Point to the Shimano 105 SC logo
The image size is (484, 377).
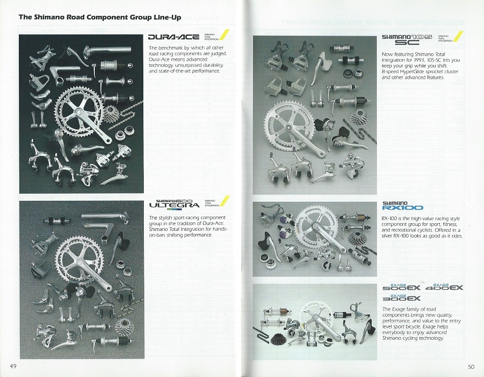[407, 40]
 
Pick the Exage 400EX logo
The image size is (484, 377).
[447, 287]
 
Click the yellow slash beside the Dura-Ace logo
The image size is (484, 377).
[223, 35]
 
